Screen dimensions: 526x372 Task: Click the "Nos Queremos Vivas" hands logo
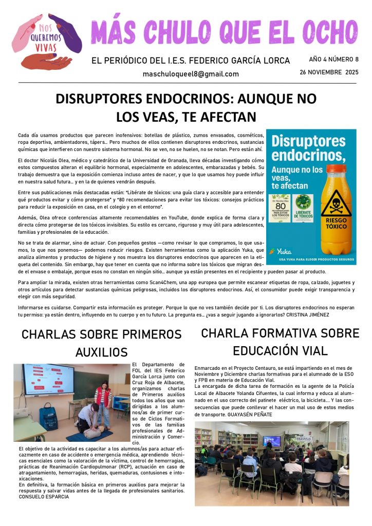point(47,41)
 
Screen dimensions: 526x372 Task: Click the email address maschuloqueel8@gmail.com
point(191,74)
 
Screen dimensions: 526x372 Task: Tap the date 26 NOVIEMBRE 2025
point(329,72)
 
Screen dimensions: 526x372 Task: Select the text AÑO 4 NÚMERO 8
point(333,59)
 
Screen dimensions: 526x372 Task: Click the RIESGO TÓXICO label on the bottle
point(336,226)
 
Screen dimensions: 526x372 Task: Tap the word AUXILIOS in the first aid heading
point(101,352)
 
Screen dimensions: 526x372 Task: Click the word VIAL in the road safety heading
point(310,351)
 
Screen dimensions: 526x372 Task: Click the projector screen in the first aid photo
point(45,380)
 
